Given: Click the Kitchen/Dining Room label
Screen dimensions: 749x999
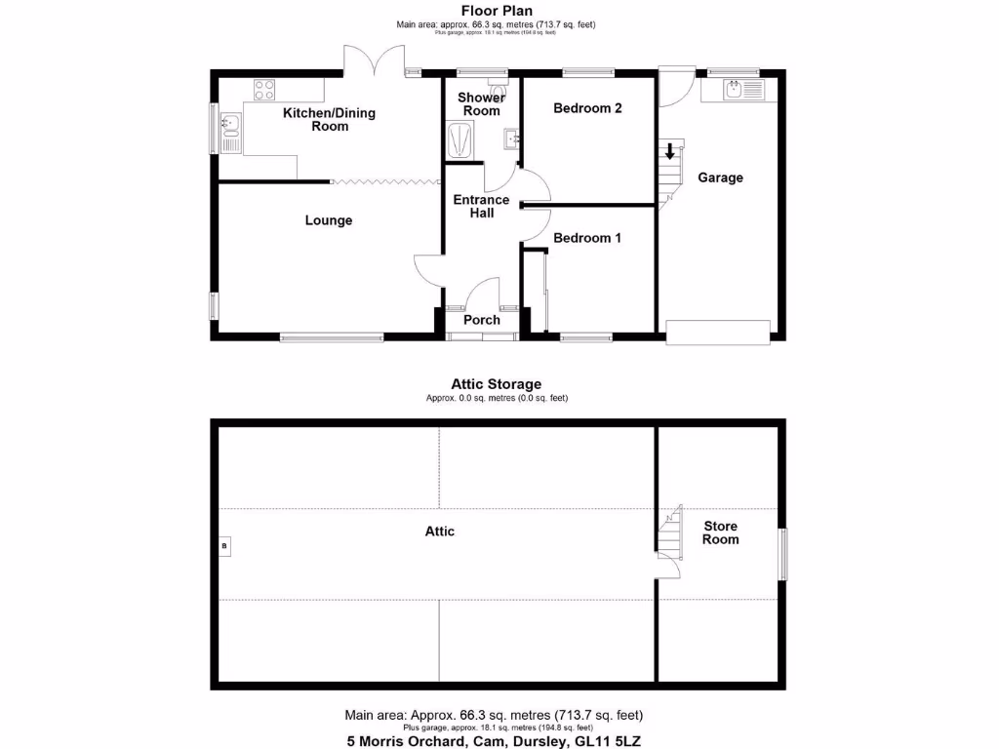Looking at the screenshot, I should (x=329, y=119).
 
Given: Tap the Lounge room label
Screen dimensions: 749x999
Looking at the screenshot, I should (x=329, y=220).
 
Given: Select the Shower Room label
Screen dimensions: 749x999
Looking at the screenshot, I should (x=481, y=104).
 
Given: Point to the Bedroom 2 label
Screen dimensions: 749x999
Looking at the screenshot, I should (x=587, y=108).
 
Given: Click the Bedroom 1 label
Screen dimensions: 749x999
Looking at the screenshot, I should (x=587, y=238).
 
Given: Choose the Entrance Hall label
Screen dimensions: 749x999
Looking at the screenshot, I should (x=481, y=206).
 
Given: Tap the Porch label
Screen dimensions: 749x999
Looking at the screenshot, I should (x=481, y=320).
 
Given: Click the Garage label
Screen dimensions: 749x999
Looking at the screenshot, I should (x=720, y=177).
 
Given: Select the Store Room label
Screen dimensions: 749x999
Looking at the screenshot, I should (x=721, y=532).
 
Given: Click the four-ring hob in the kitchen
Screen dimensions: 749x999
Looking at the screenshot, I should (x=264, y=90).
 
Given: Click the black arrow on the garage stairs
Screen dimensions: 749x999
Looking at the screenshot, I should (x=669, y=151).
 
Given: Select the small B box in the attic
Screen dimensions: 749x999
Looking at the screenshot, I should (x=224, y=545).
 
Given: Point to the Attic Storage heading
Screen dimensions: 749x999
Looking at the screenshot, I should (x=496, y=384).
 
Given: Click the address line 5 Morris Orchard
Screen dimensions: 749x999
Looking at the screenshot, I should (x=496, y=740).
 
